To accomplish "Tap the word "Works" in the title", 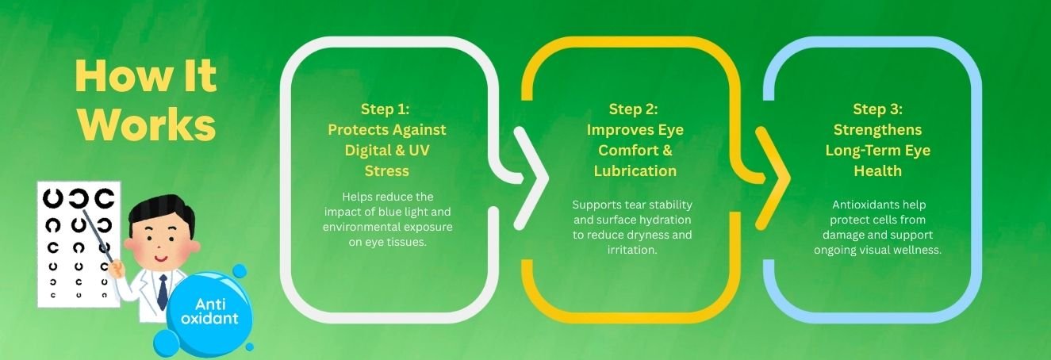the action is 147,124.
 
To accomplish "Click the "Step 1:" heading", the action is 385,109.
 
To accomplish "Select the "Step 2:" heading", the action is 634,109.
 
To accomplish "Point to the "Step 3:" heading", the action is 877,109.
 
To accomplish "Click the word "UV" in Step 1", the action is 419,151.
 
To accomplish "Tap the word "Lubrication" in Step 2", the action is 635,171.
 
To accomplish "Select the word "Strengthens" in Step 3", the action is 877,130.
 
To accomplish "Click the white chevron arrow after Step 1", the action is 532,178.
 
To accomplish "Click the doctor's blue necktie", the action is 163,292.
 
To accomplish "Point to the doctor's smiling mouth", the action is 161,259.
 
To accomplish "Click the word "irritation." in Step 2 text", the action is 632,250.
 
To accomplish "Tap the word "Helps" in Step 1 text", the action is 357,197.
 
